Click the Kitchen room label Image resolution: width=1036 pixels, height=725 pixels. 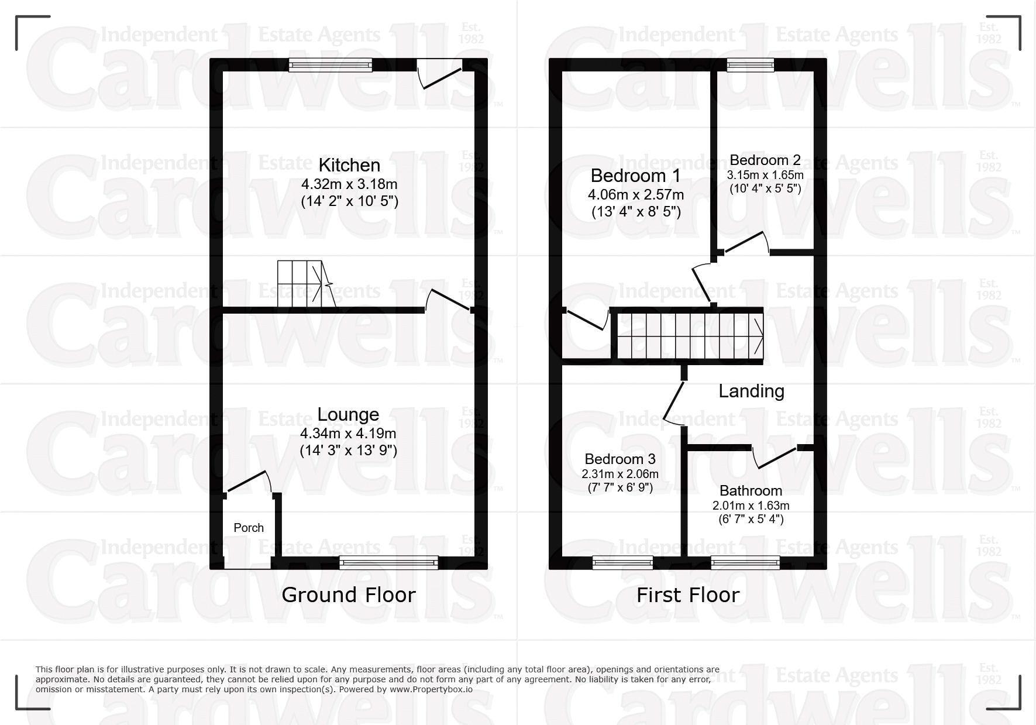349,165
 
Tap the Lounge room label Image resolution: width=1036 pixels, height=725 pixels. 348,414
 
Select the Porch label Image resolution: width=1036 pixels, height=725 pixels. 249,528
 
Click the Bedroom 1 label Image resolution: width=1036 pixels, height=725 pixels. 635,176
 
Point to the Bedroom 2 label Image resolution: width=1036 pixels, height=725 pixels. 765,160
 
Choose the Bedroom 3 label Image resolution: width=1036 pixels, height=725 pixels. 620,459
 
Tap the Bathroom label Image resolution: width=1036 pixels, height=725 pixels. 751,490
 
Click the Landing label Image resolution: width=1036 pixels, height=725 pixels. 751,391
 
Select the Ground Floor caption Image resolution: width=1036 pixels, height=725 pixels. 348,595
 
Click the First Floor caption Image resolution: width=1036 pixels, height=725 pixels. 688,595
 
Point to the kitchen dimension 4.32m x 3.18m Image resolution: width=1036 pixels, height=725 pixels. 349,184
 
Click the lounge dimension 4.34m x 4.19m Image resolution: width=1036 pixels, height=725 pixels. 348,434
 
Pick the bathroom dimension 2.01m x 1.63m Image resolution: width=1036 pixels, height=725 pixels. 751,506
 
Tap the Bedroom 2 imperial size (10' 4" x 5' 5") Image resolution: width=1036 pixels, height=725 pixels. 765,188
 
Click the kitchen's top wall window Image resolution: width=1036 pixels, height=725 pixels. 330,65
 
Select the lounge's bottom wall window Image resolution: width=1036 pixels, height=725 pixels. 388,562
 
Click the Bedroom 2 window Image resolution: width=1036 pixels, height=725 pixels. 750,65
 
